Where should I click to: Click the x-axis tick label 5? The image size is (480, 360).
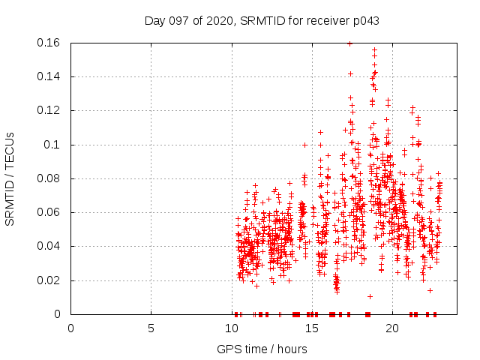(x=151, y=328)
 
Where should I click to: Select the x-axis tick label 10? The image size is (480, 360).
(x=231, y=328)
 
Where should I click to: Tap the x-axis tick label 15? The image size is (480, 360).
(x=311, y=328)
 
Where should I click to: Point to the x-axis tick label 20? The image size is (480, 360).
(x=391, y=328)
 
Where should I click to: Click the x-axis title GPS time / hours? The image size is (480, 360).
(x=262, y=349)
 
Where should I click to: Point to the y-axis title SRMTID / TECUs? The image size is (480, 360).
(x=10, y=178)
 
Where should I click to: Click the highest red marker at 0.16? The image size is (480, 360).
(x=349, y=43)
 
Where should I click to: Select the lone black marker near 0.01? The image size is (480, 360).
(x=370, y=296)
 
